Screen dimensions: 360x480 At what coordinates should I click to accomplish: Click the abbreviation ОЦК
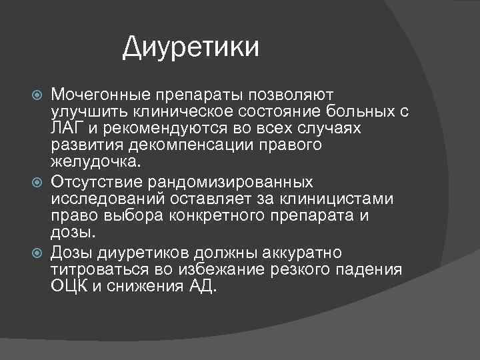(68, 288)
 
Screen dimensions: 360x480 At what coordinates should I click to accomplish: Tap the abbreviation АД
(202, 288)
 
